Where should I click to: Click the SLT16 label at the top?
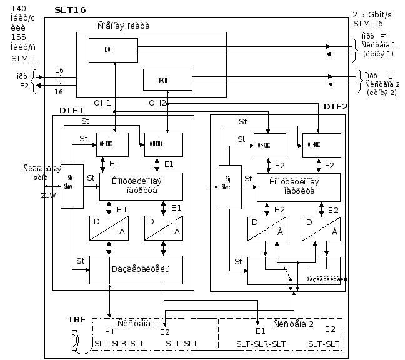pyautogui.click(x=70, y=11)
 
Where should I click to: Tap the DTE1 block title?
pyautogui.click(x=72, y=110)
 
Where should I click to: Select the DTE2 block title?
pyautogui.click(x=336, y=106)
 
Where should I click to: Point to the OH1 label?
pyautogui.click(x=102, y=102)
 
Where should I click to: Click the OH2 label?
pyautogui.click(x=157, y=102)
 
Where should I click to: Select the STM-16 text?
pyautogui.click(x=367, y=23)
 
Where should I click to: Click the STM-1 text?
pyautogui.click(x=24, y=57)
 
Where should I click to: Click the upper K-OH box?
pyautogui.click(x=113, y=50)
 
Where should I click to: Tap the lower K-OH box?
pyautogui.click(x=167, y=79)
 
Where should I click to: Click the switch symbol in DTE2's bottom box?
pyautogui.click(x=286, y=272)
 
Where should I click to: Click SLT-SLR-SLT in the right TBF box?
pyautogui.click(x=261, y=344)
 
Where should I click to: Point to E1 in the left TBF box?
pyautogui.click(x=110, y=331)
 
